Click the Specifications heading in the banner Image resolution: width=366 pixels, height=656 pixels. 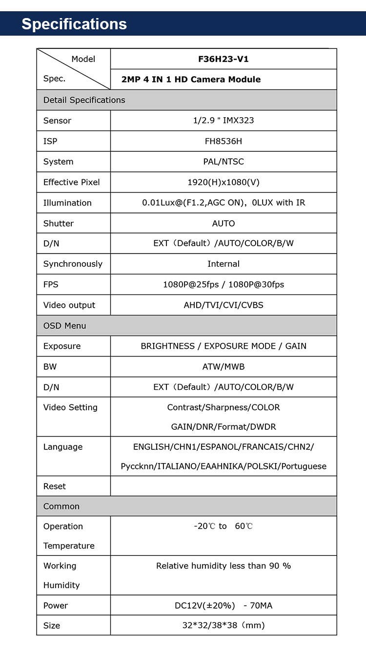click(x=74, y=24)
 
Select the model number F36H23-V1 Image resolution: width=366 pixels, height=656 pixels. click(x=224, y=59)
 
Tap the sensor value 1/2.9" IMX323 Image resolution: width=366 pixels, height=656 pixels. click(x=224, y=121)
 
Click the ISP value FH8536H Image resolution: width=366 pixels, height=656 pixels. click(x=224, y=141)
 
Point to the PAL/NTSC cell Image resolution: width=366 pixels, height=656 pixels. click(x=224, y=162)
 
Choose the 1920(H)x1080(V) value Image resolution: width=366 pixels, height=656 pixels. click(x=224, y=182)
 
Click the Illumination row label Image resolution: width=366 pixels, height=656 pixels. click(x=67, y=203)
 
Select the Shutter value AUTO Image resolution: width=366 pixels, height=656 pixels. click(x=224, y=223)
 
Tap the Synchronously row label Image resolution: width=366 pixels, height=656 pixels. click(x=73, y=264)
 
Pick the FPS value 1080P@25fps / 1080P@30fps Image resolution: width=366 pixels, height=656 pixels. click(x=224, y=284)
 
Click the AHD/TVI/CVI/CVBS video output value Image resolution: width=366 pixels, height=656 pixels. click(x=224, y=305)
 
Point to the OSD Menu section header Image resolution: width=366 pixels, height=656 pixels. click(x=64, y=325)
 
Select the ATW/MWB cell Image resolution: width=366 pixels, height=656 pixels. click(x=224, y=366)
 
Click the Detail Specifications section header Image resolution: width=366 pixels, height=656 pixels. click(x=84, y=100)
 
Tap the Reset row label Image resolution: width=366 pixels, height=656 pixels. click(x=55, y=486)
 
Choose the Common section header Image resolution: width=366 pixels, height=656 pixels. click(x=61, y=506)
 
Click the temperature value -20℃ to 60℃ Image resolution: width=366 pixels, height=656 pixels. click(x=224, y=526)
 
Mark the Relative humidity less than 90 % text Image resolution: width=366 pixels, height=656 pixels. click(x=224, y=566)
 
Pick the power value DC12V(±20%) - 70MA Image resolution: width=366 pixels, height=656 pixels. click(x=224, y=605)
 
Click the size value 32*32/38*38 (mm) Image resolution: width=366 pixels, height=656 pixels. click(x=224, y=625)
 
